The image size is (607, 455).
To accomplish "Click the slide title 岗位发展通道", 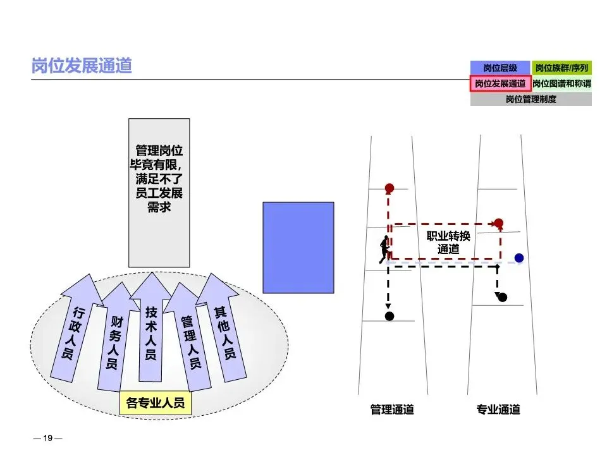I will point(82,66).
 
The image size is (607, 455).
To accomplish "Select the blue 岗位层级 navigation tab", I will point(500,68).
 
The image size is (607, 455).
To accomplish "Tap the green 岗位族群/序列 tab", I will point(561,68).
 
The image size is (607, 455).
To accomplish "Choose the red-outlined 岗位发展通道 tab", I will point(500,83).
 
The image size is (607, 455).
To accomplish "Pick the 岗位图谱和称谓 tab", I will point(561,83).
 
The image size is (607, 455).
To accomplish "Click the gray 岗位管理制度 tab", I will point(530,99).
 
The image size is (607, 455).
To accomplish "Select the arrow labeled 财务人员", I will point(113,341).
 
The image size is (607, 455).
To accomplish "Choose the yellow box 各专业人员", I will point(156,403).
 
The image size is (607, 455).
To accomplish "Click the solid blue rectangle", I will point(298,247).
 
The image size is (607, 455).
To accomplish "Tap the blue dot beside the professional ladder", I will point(519,258).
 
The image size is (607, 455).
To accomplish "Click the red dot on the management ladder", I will point(389,188).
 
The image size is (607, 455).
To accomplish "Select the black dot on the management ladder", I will point(389,316).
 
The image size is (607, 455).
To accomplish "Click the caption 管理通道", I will point(392,409).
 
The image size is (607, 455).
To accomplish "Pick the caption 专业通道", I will point(498,409).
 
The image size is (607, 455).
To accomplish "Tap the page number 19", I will point(47,438).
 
